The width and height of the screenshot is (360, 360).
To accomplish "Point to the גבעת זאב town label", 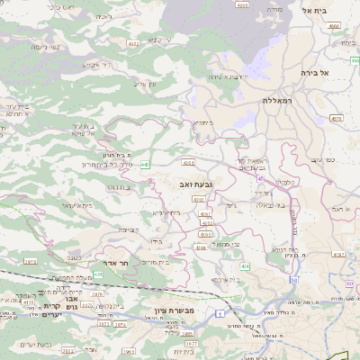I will point(196,184).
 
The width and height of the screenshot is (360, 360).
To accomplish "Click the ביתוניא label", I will point(200,122).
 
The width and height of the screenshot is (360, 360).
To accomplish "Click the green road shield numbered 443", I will point(144,163).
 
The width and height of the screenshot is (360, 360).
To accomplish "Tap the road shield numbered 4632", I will point(133,42).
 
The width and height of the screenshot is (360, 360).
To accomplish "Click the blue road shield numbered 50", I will point(293,280).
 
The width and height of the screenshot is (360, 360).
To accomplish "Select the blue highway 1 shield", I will point(219,312).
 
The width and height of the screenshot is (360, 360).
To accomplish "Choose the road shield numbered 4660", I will point(333,26).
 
